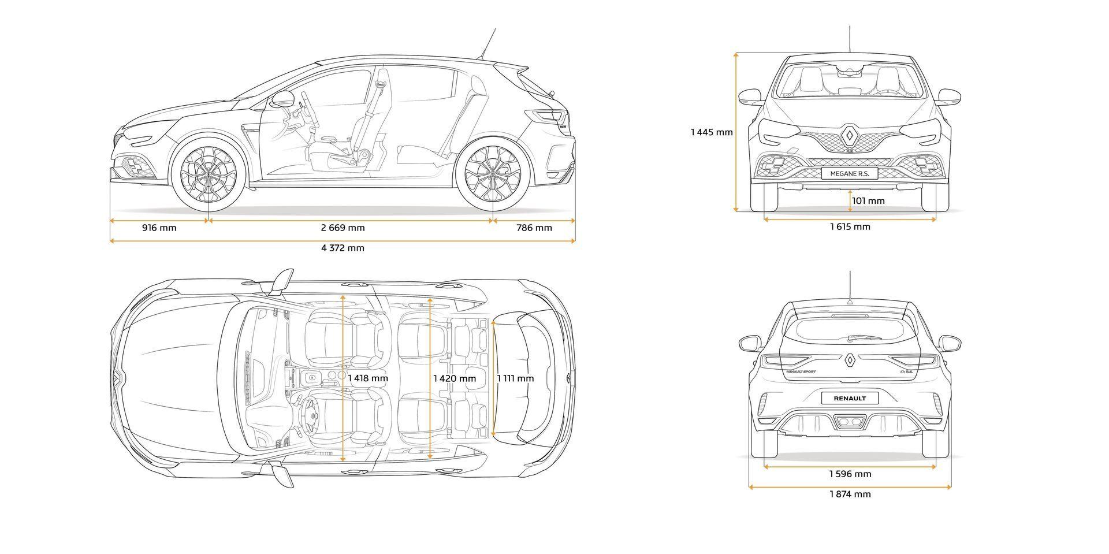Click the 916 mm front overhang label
[159, 228]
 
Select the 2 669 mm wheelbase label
[343, 228]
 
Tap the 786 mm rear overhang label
[534, 228]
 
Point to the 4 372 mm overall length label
[343, 248]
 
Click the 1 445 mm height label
[711, 132]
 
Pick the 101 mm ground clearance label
[868, 201]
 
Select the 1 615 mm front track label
[850, 226]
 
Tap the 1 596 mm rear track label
[850, 474]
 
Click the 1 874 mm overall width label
[850, 494]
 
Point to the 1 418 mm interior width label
[368, 378]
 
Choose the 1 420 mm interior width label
[455, 378]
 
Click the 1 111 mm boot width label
[515, 378]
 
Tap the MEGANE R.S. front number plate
[850, 173]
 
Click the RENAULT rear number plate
[850, 397]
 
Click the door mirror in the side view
[282, 99]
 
